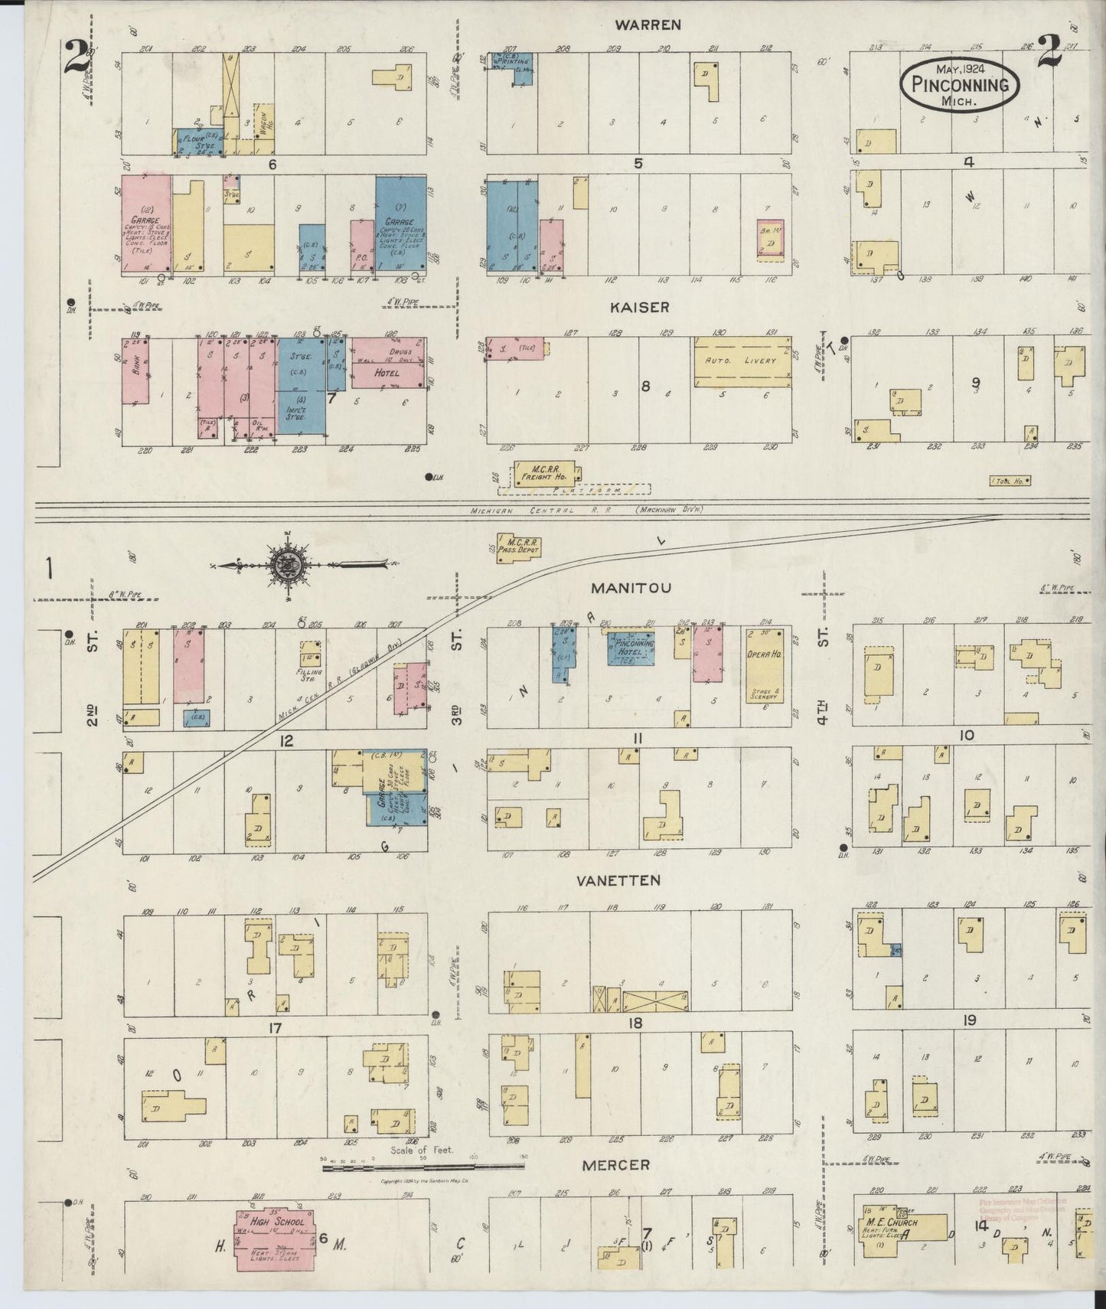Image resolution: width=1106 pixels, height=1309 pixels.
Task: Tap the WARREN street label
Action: click(648, 24)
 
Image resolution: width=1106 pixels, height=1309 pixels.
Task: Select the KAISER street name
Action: click(639, 307)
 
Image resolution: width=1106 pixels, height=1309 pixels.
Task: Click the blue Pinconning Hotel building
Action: click(631, 648)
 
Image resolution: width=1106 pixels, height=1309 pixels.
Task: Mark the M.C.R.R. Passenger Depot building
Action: click(519, 547)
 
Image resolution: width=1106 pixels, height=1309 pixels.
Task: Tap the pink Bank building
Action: click(135, 371)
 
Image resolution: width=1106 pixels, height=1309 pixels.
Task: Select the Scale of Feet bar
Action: click(422, 1167)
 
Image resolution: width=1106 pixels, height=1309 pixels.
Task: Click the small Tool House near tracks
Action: click(1010, 481)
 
